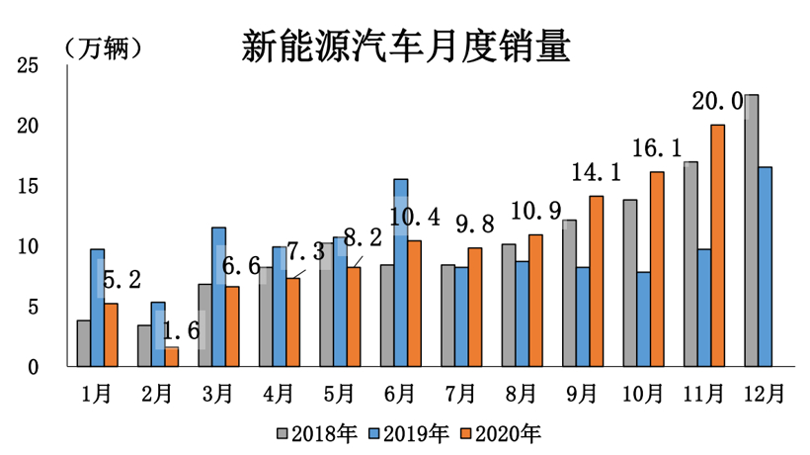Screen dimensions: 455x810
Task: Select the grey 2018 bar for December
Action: click(752, 230)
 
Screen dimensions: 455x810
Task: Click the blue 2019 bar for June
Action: click(401, 272)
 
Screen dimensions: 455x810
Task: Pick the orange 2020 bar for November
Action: click(718, 245)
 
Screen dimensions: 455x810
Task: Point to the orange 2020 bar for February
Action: click(172, 357)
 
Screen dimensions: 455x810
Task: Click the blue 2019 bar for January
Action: click(97, 308)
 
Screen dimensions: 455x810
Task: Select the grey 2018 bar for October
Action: click(630, 283)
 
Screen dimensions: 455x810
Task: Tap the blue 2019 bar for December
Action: click(766, 267)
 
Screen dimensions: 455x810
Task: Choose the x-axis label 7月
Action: click(461, 393)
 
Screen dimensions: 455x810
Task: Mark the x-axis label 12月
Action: click(766, 393)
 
